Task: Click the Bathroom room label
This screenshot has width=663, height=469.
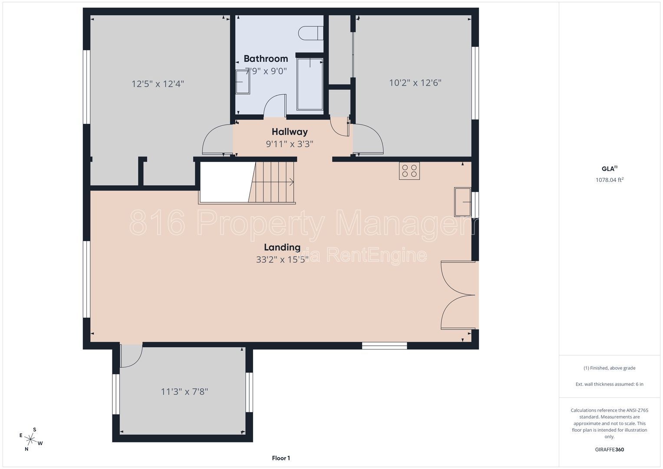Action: point(265,59)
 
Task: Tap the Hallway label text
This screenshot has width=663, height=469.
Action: point(290,132)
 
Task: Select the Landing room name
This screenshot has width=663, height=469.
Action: point(282,247)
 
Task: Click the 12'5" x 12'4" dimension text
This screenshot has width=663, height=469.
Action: point(158,84)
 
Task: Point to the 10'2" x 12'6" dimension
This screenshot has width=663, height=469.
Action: point(415,83)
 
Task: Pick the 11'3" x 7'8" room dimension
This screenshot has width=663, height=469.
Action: point(185,392)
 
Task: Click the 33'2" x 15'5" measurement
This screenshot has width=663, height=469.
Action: point(282,260)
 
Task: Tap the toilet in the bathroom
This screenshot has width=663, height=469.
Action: point(310,33)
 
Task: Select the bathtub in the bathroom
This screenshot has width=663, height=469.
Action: point(310,84)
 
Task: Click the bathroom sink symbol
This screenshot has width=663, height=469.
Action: point(243,82)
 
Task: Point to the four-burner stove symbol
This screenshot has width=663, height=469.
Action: point(409,171)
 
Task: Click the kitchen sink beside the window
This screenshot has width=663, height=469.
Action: point(462,202)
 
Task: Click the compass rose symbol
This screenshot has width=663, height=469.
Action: point(30,439)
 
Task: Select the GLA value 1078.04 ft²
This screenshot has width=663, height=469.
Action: point(610,180)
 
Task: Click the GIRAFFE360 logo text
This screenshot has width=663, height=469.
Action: point(610,449)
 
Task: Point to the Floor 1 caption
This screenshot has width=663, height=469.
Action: point(281,458)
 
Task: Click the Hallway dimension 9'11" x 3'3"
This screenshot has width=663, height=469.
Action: point(290,144)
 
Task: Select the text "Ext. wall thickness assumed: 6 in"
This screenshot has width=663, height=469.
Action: point(610,384)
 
